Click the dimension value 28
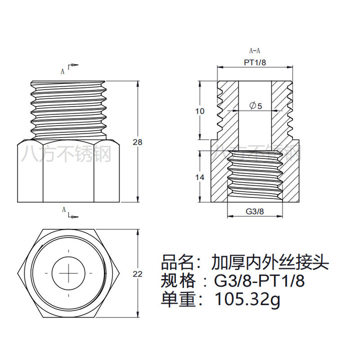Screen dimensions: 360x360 pos(137,142)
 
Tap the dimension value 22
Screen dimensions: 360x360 pos(137,273)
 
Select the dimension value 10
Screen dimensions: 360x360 pos(199,111)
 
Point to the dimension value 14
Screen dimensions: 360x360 pos(199,177)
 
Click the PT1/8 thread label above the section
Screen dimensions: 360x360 pos(255,62)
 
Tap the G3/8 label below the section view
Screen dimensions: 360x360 pos(255,211)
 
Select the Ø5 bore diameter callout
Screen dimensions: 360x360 pos(255,105)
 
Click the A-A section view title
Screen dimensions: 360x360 pos(254,50)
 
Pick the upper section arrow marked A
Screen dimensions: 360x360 pos(70,69)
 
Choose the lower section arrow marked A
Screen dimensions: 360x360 pos(70,212)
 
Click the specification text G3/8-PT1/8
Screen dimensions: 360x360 pos(259,280)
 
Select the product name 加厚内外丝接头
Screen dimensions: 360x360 pos(270,261)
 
